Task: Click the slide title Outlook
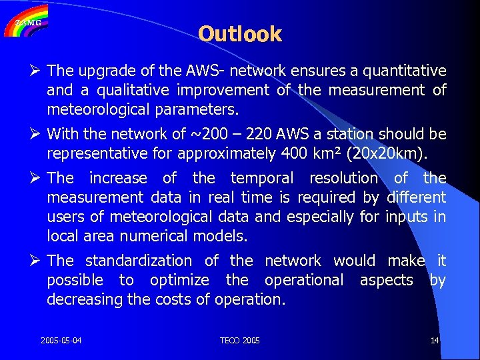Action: click(x=240, y=34)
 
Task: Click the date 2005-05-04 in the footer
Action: click(x=61, y=341)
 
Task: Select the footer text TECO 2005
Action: click(x=240, y=341)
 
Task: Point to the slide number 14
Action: click(x=435, y=341)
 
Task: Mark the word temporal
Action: click(x=261, y=178)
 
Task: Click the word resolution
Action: click(x=344, y=178)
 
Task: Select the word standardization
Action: click(x=139, y=261)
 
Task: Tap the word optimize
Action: click(x=180, y=280)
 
